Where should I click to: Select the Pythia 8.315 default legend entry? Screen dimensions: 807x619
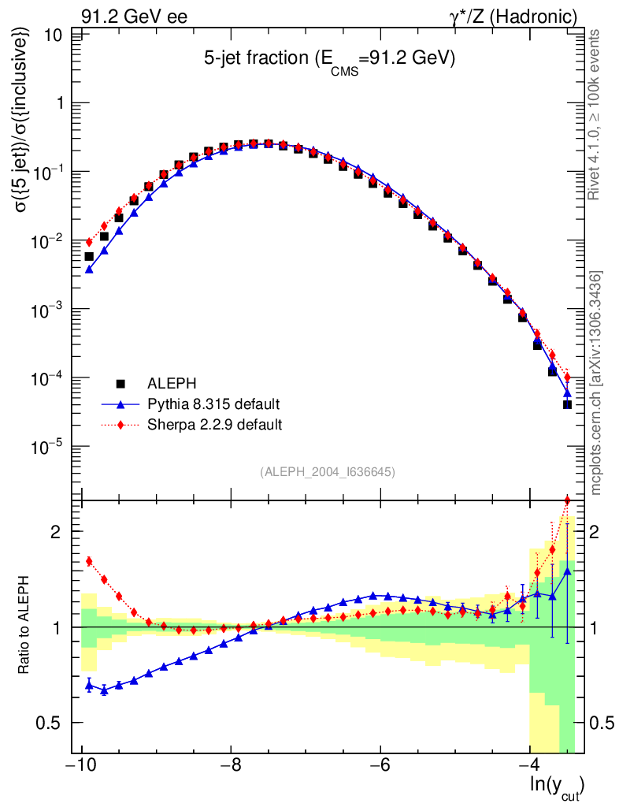click(213, 404)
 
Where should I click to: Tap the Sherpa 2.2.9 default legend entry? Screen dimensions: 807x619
click(214, 425)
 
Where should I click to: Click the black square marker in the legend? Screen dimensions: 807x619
click(120, 384)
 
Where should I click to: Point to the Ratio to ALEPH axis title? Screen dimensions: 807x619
click(25, 626)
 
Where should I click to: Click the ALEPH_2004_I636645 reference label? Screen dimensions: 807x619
click(327, 471)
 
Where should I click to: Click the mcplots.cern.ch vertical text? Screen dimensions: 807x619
click(596, 383)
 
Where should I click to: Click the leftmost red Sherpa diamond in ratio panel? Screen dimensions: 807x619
click(89, 561)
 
